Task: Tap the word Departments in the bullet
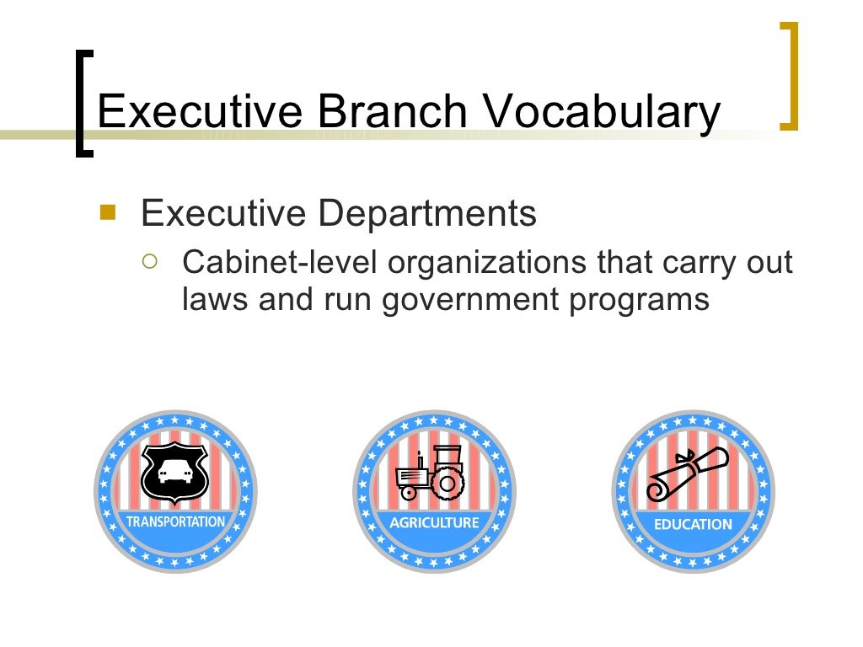click(x=426, y=215)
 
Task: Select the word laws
click(x=215, y=300)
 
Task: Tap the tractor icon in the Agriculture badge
click(x=429, y=472)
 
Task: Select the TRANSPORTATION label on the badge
click(x=175, y=521)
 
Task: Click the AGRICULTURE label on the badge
click(x=433, y=522)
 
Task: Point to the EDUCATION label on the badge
click(x=693, y=523)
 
